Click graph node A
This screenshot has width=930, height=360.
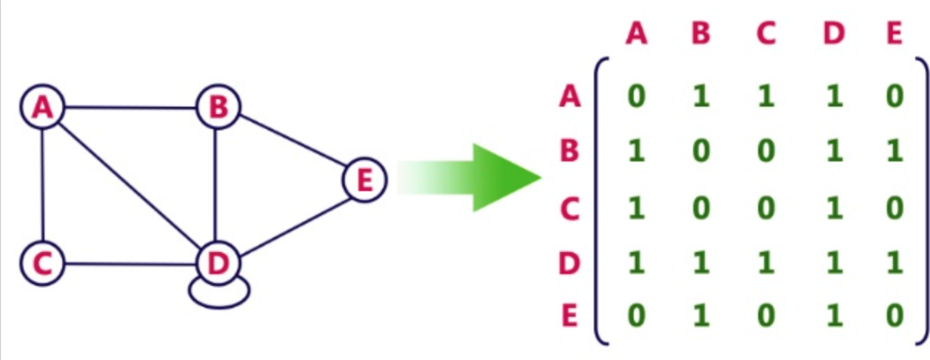point(43,108)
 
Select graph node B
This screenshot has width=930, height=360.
point(218,108)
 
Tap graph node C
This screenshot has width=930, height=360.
point(43,263)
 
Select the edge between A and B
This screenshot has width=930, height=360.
point(130,108)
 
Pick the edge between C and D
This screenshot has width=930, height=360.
point(130,263)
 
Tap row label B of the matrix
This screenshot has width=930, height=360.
point(569,151)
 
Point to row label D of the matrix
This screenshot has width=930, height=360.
point(569,263)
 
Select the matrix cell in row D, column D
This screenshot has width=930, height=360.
point(834,263)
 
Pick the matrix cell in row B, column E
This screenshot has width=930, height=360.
point(894,152)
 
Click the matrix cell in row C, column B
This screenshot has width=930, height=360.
point(700,208)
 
